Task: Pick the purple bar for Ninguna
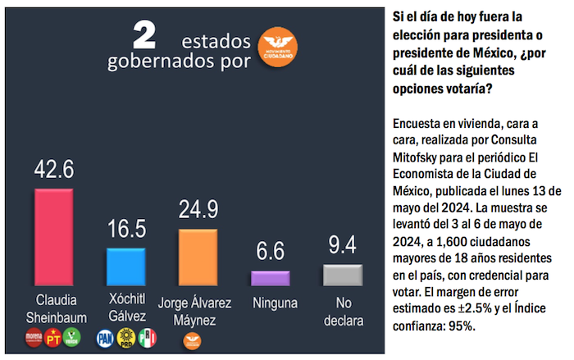270,278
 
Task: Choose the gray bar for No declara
342,275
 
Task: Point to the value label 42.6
53,170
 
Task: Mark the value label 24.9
198,210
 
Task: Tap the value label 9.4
342,244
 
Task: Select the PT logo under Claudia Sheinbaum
53,336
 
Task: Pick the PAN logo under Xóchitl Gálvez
106,336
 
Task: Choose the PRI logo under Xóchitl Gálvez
148,336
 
